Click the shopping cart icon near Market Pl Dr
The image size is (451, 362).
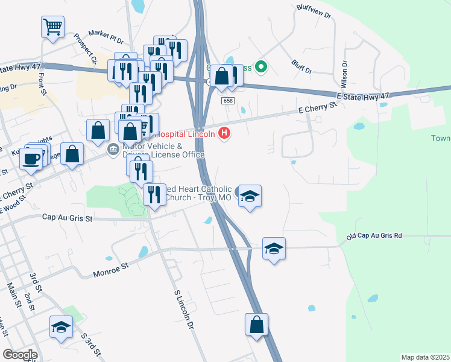(x=52, y=27)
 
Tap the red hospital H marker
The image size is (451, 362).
(x=224, y=133)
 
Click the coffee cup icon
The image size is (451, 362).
(x=30, y=159)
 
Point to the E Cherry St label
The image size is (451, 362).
(x=317, y=108)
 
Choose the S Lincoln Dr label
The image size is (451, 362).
(x=185, y=309)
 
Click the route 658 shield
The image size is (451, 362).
(x=227, y=101)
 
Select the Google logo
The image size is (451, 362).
(x=20, y=355)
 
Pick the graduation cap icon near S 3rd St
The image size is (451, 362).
(x=60, y=327)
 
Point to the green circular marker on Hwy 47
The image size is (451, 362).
(x=262, y=66)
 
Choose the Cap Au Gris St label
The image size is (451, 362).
(x=67, y=218)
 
